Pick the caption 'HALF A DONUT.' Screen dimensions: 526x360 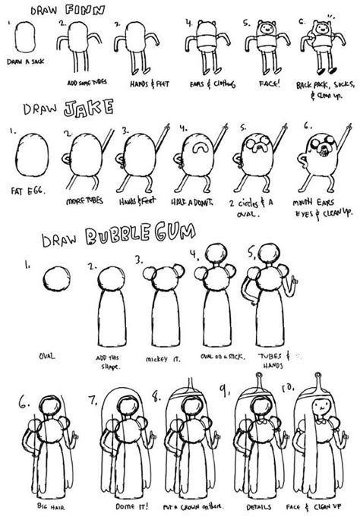click(x=194, y=202)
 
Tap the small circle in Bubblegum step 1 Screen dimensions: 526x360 click(x=55, y=276)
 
